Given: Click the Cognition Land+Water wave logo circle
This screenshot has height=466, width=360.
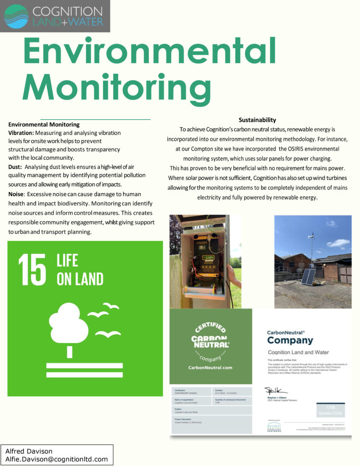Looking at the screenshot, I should click(16, 16).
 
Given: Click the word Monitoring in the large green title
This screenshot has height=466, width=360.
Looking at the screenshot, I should click(117, 86).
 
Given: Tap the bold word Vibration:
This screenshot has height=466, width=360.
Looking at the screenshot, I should click(21, 132).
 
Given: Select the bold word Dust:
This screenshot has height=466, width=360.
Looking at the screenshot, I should click(15, 167).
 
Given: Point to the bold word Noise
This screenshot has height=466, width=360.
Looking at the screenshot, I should click(16, 194).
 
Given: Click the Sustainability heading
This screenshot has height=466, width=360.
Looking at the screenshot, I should click(258, 120).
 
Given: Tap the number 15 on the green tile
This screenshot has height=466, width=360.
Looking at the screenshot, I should click(32, 270).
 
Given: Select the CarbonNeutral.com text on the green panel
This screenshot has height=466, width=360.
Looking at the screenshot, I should click(210, 367).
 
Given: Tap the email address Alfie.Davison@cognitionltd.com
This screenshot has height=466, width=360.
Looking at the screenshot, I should click(56, 459).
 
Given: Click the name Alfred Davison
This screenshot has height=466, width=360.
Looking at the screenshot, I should click(29, 451).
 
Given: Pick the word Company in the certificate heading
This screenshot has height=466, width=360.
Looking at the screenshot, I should click(290, 340).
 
